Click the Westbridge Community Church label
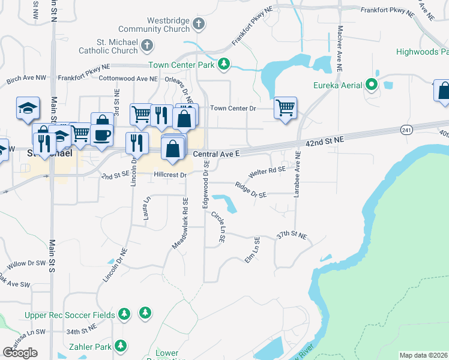point(154,24)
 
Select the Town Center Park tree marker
point(224,63)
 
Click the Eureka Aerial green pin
point(372,85)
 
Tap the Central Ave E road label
point(216,154)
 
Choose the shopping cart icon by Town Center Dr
point(285,108)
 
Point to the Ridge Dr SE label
point(250,190)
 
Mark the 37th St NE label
point(292,236)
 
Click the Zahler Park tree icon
point(121,346)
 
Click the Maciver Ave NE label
point(340,48)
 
